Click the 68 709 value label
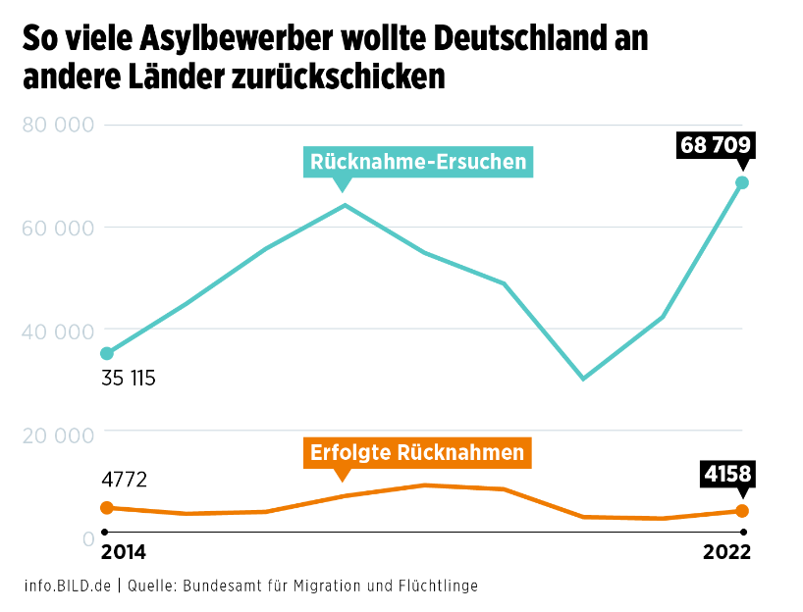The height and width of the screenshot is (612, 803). point(716,146)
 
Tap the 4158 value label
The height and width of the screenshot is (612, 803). point(727,475)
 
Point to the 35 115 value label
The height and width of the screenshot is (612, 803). point(129,378)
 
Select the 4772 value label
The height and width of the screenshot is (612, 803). point(124,480)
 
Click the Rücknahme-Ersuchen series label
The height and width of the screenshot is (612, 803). point(418,162)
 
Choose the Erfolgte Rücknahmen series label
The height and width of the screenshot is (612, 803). point(416,452)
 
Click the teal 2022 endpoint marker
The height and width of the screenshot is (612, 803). point(742,183)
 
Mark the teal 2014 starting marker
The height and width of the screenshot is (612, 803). point(107,353)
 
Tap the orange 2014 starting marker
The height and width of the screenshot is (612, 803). point(107,507)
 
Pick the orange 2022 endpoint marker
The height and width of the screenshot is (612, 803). point(742,511)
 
